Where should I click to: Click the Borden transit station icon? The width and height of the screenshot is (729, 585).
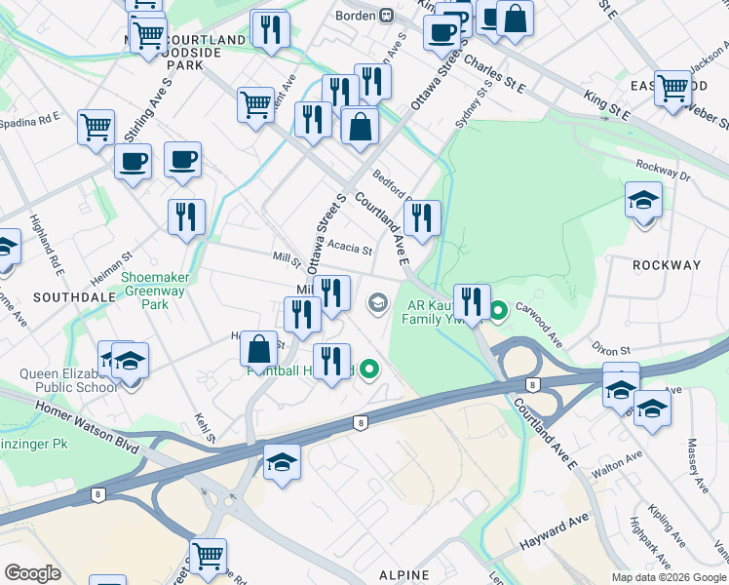point(387,15)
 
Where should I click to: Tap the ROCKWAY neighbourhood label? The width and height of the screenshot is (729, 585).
point(667,265)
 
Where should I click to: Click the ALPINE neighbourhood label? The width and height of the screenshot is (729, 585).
point(404,575)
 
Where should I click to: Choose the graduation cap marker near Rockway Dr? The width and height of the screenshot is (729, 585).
point(643,201)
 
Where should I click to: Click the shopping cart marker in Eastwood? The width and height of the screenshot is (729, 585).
point(673,88)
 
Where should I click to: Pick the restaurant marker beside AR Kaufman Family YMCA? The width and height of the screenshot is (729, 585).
point(472,301)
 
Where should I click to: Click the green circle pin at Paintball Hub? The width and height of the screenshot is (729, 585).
point(368,370)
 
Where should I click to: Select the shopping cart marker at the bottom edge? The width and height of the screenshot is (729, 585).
point(208,556)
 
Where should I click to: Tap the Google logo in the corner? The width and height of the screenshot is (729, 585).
point(32,572)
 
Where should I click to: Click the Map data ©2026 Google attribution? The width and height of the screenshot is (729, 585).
point(668,577)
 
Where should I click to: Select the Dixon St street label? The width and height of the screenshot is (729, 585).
point(612,348)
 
